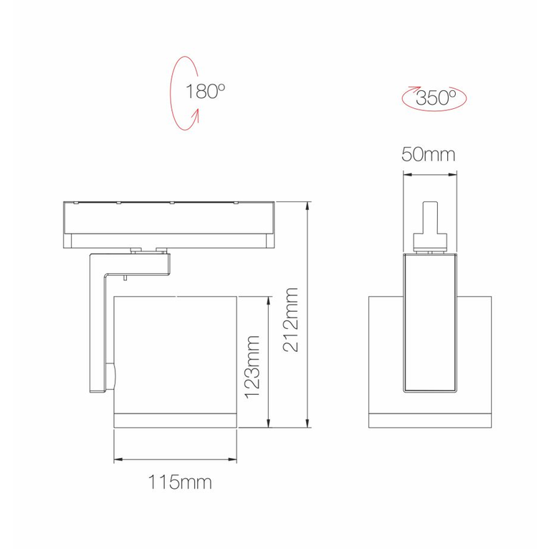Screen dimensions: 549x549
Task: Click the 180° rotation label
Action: [206, 92]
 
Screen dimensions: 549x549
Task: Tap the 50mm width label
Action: [429, 155]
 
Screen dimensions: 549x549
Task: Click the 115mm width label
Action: [181, 482]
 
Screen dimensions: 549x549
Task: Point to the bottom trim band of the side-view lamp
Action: [176, 421]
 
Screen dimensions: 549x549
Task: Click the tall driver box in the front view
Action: [429, 323]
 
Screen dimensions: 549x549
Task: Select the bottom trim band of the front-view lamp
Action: [430, 421]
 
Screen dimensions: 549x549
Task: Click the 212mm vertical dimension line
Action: [307, 315]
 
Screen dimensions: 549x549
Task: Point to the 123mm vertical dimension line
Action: [268, 361]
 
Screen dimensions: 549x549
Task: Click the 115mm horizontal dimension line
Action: [176, 459]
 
